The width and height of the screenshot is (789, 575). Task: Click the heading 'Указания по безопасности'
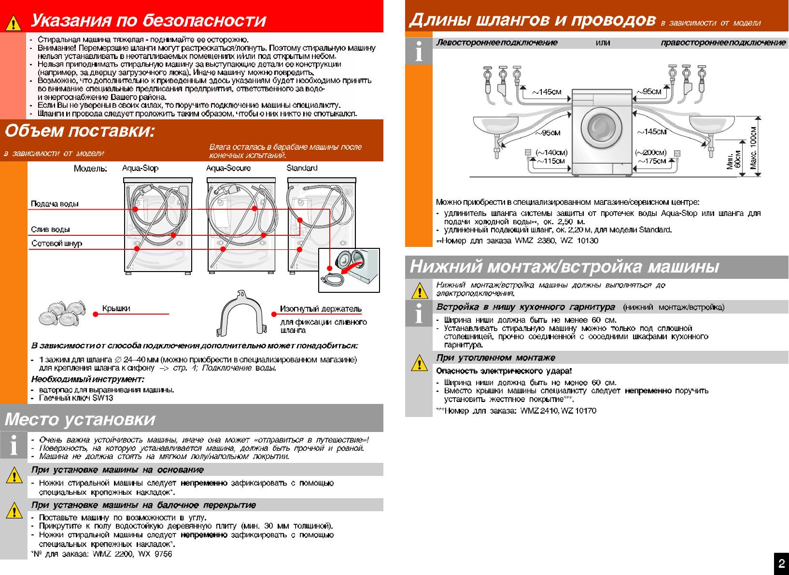coord(148,21)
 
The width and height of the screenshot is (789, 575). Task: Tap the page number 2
coord(781,563)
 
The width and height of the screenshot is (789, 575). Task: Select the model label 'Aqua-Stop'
coord(140,168)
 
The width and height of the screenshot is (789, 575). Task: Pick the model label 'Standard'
coord(302,168)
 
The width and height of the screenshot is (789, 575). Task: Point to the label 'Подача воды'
coord(55,204)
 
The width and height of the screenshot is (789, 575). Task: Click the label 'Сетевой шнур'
coord(56,244)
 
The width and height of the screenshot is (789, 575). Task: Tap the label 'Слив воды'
coord(50,230)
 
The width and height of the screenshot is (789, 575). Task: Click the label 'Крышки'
coord(116,309)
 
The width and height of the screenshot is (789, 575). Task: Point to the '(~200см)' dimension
coord(651,153)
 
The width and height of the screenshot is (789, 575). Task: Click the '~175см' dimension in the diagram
coord(652,161)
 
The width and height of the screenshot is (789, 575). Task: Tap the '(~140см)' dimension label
coord(551,153)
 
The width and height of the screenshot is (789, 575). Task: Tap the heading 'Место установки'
coord(80,419)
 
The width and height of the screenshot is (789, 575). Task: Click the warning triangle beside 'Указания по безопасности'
coord(14,22)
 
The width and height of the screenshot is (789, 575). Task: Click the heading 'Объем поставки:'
coord(80,131)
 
